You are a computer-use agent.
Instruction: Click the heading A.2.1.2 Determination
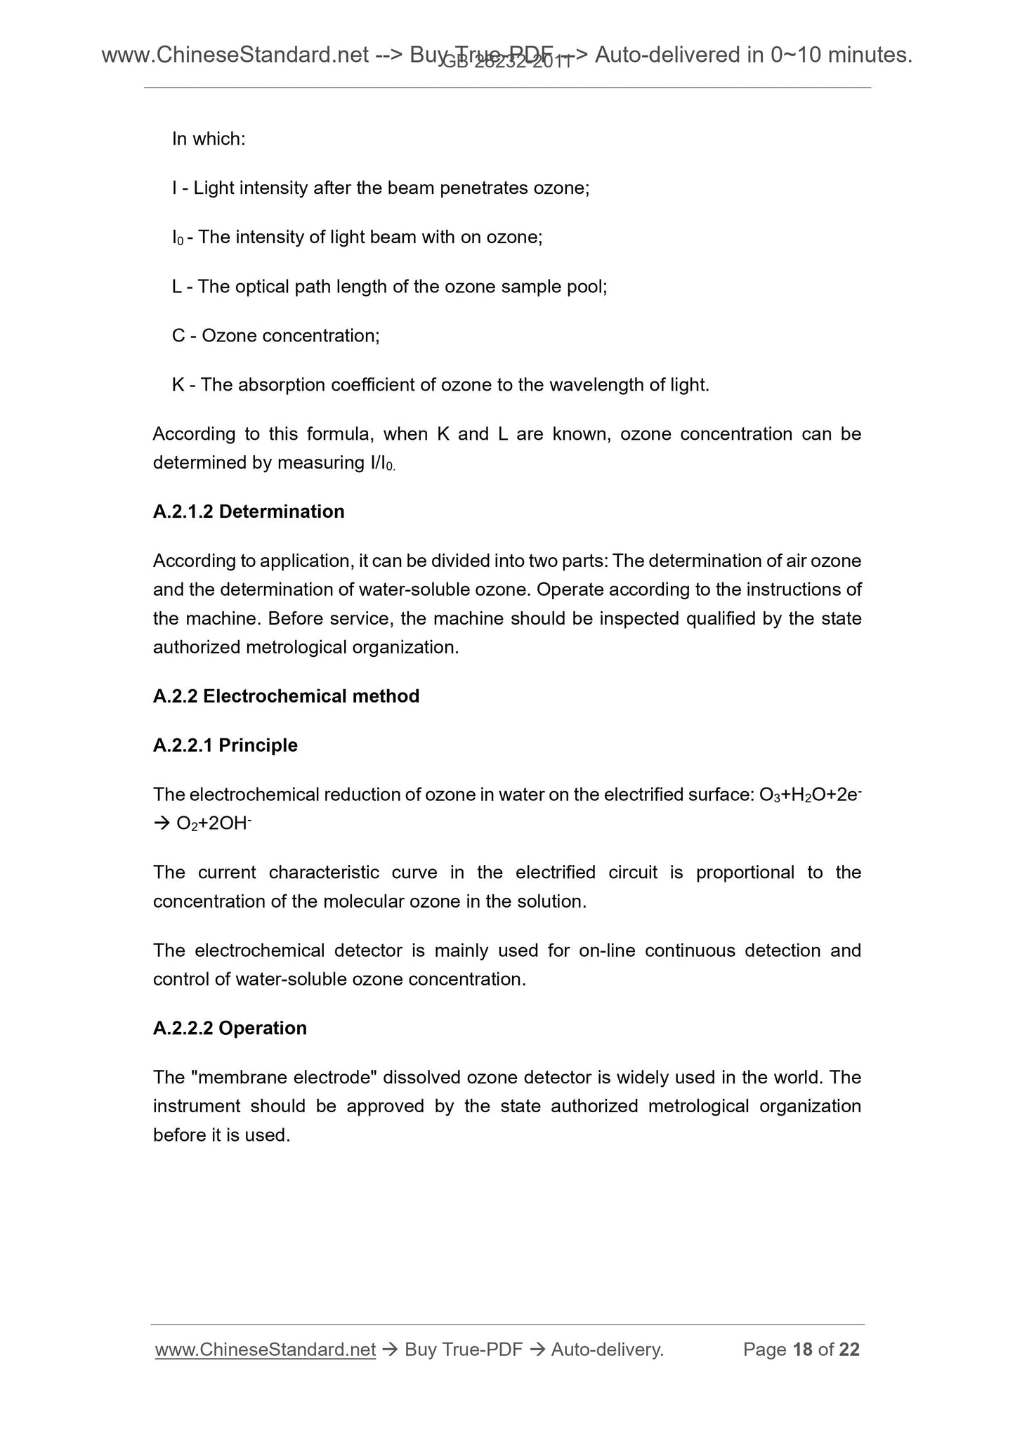coord(248,511)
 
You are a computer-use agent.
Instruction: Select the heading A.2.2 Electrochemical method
coord(286,696)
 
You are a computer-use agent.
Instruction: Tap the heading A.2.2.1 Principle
coord(225,745)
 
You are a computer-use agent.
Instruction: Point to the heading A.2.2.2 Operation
coord(230,1029)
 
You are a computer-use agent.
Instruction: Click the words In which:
coord(209,139)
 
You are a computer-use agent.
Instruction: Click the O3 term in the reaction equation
coord(770,795)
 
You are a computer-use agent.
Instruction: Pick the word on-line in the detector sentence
coord(607,951)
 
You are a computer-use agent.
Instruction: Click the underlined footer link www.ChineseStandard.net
coord(265,1350)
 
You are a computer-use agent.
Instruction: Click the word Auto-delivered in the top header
coord(667,54)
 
